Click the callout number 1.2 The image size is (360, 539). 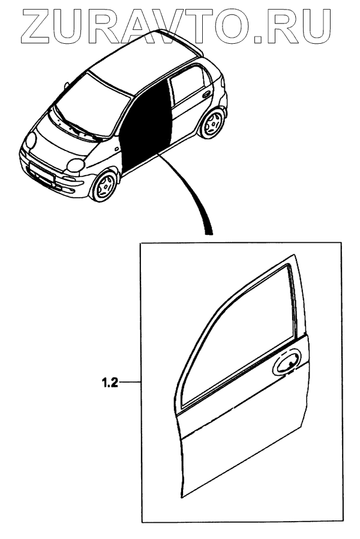(x=109, y=381)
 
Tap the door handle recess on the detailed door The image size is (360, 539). (x=287, y=364)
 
